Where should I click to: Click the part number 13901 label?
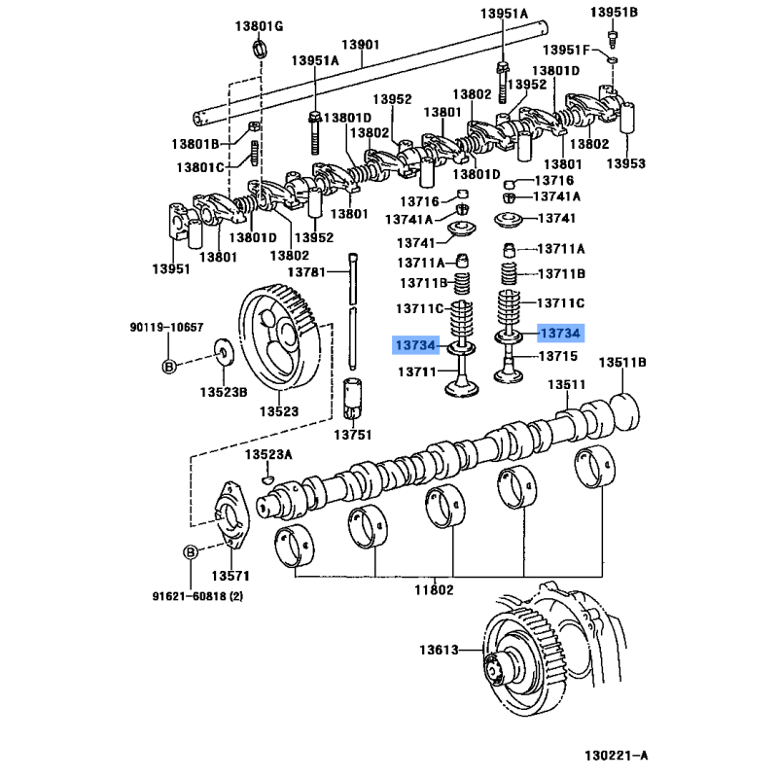360,45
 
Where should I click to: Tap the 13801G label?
258,26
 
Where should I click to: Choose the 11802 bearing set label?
434,589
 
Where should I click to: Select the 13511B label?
622,363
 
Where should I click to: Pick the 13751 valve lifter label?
352,435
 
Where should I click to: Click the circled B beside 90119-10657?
167,366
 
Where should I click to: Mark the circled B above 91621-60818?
192,552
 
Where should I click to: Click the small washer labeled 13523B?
223,352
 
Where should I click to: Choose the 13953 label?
625,163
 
